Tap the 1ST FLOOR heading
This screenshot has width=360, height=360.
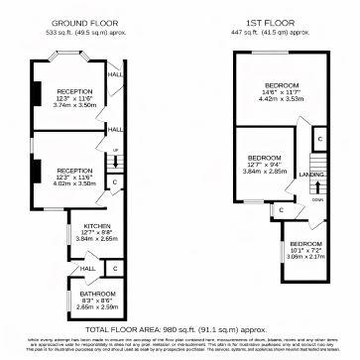[x=275, y=22]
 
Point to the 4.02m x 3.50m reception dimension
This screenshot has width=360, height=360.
[x=74, y=183]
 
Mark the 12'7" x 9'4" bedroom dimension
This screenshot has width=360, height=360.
[x=264, y=165]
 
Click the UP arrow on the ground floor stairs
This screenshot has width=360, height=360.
[x=115, y=151]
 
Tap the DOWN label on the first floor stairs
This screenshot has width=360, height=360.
[x=317, y=198]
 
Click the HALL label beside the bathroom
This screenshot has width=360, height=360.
[x=87, y=268]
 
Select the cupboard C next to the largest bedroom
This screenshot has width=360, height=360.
[x=318, y=142]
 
